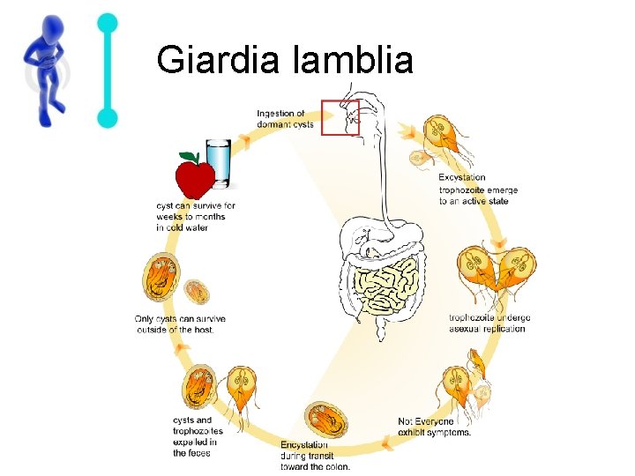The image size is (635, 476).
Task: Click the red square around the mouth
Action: point(340,117)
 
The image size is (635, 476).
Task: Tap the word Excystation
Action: point(461,178)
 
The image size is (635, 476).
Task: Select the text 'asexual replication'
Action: point(487,329)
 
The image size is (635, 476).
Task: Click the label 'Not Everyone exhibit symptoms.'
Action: point(434,427)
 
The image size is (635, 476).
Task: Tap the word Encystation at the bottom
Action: point(304,445)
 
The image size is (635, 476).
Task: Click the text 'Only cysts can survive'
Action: point(180,318)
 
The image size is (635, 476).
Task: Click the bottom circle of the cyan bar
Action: point(108,116)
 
